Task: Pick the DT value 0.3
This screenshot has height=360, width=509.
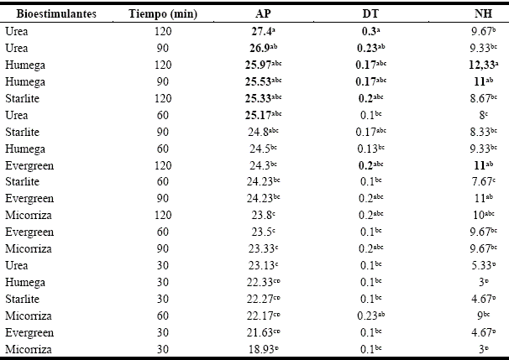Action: (365, 33)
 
